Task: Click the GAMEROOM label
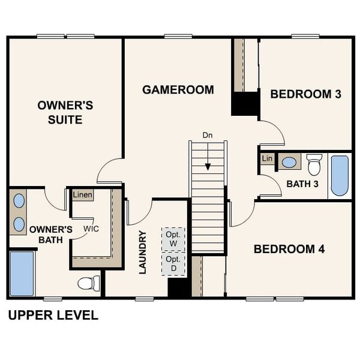(x=178, y=90)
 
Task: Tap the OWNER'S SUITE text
(x=65, y=112)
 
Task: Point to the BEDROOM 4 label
(x=289, y=249)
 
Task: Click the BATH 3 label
(x=302, y=184)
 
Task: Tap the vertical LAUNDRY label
(x=143, y=252)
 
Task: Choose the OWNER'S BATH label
(x=51, y=235)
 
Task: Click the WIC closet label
(x=91, y=229)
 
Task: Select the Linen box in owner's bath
(x=82, y=195)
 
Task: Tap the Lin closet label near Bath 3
(x=267, y=158)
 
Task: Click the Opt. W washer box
(x=173, y=239)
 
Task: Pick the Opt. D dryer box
(x=173, y=263)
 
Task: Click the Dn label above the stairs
(x=208, y=135)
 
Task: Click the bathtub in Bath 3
(x=340, y=176)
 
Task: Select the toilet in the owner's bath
(x=89, y=283)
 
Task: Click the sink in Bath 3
(x=289, y=162)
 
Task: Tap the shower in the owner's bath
(x=22, y=274)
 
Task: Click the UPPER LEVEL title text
(x=53, y=316)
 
